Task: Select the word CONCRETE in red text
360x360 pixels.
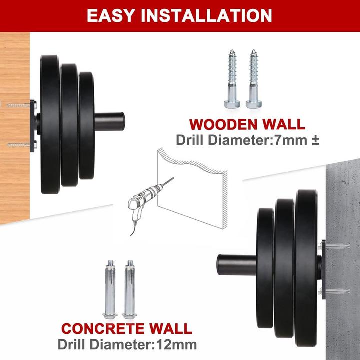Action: pyautogui.click(x=103, y=328)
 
